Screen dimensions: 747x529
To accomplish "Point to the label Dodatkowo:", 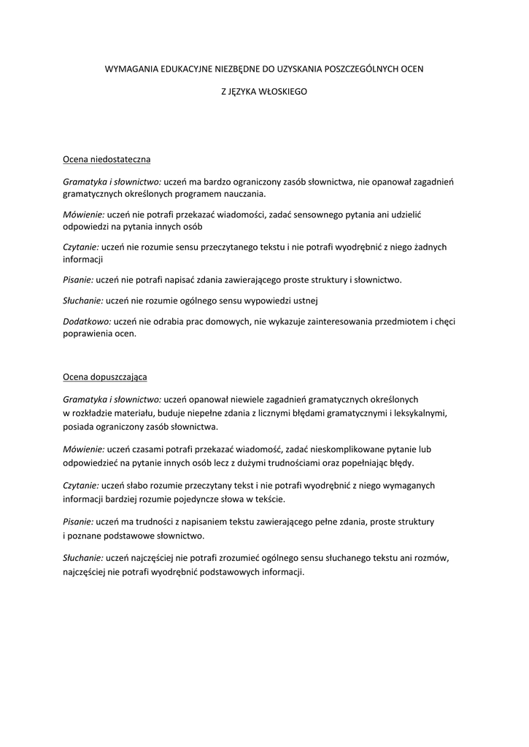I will pos(87,321).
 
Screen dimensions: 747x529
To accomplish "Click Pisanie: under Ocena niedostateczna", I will pos(78,279).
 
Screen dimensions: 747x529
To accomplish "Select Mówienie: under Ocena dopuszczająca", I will pos(84,449).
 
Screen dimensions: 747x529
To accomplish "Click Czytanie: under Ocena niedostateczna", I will pos(81,247).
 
